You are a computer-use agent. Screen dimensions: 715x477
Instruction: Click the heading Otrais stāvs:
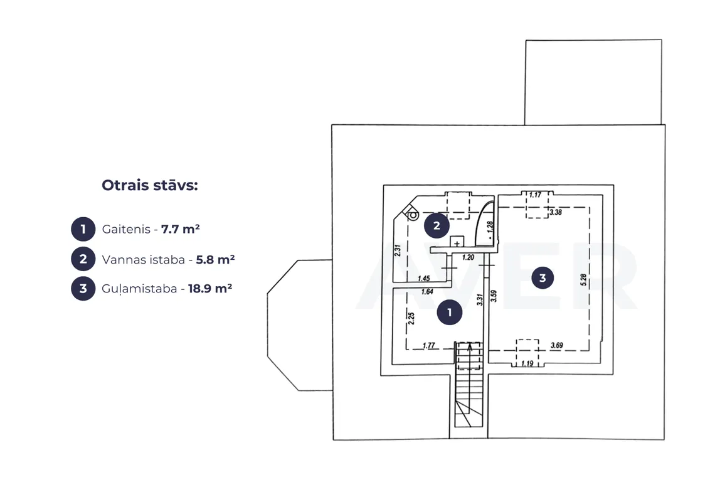149,185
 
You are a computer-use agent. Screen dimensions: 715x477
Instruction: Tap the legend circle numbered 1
83,228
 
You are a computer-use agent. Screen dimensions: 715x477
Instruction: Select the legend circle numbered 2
83,259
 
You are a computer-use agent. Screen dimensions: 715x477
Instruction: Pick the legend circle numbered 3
83,289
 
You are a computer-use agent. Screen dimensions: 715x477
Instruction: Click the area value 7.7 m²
180,228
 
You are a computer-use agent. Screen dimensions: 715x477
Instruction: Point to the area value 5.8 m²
215,259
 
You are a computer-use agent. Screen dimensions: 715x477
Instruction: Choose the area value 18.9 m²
209,289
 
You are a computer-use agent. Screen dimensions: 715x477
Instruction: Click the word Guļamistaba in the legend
139,289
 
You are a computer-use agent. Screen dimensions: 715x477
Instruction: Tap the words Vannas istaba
143,259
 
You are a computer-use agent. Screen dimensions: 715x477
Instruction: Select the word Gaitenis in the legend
126,228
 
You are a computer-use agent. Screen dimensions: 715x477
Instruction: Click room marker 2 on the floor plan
437,225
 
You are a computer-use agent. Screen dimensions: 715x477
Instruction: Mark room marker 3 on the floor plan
542,278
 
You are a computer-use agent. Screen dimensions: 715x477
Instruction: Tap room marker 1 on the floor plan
449,312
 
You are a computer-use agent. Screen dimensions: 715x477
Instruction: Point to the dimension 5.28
583,280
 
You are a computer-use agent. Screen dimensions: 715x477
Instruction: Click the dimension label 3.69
557,345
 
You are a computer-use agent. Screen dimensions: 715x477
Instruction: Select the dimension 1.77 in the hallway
429,346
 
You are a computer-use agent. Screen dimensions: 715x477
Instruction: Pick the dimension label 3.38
556,212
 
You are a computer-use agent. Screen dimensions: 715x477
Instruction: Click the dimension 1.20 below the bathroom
468,257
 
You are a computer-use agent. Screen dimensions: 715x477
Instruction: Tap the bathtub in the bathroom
485,223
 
